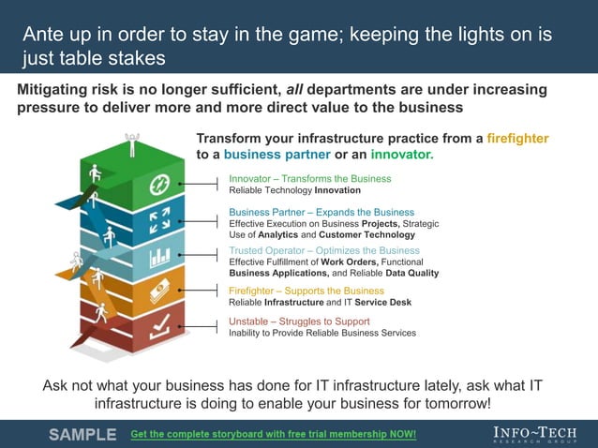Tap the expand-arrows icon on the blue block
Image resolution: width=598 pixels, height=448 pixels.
pos(158,221)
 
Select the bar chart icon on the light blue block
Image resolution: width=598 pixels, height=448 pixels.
pos(158,256)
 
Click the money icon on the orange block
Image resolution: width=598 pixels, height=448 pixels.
pos(158,291)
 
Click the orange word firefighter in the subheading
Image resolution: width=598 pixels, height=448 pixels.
pos(516,139)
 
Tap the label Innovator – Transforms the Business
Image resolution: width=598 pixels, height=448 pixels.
pos(309,178)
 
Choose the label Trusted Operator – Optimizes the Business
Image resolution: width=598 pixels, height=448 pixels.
pos(324,251)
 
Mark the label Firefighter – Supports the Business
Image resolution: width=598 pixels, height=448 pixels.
pos(306,291)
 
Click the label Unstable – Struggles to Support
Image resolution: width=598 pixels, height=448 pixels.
pos(299,321)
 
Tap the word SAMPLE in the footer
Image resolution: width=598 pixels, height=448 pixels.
pos(82,435)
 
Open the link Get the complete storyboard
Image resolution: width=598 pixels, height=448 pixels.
pos(273,435)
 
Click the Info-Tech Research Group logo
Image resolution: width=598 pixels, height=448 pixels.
pos(535,434)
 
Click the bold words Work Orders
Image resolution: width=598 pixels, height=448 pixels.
pos(349,262)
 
